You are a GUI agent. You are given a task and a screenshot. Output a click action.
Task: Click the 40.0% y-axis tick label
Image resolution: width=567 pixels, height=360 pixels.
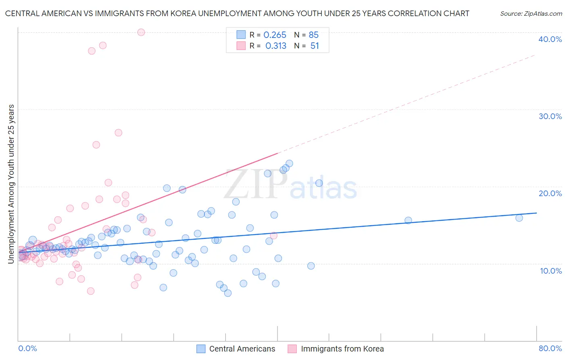click(550, 39)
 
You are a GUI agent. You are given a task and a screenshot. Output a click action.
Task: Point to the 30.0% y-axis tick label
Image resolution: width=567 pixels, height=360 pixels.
click(550, 116)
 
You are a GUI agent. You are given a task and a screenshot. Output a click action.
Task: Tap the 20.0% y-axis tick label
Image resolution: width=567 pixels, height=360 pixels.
click(550, 193)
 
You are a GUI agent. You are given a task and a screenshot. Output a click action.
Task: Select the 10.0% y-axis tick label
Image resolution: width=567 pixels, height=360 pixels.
click(551, 271)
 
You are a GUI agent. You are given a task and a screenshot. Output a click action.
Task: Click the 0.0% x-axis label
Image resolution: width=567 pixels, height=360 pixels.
click(27, 348)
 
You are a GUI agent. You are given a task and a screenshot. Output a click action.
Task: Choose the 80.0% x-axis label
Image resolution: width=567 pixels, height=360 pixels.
click(550, 348)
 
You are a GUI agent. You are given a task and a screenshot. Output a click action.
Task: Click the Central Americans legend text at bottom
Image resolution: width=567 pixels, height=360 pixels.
click(242, 349)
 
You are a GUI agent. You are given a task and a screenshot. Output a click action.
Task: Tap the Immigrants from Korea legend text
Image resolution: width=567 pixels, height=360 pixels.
click(342, 349)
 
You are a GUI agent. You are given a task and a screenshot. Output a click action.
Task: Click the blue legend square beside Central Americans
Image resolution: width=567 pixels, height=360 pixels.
click(201, 349)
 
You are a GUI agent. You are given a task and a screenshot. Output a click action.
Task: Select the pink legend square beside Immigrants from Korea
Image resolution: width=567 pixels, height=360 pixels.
click(292, 349)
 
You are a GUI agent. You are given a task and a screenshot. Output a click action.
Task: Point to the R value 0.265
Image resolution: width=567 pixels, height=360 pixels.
click(275, 35)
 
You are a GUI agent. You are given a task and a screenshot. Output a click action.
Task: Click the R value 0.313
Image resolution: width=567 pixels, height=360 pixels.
click(276, 46)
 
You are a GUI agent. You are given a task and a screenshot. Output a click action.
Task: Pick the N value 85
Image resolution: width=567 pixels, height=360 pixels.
click(314, 35)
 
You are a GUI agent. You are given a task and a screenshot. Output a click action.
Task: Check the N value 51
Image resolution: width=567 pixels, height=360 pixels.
click(315, 46)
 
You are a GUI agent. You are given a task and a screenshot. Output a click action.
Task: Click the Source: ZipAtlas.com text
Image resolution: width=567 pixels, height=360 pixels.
click(531, 14)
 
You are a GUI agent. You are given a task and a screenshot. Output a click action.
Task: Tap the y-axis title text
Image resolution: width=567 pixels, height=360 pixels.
click(11, 184)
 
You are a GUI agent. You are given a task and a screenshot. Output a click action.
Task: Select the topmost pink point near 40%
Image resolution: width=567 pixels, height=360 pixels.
click(141, 32)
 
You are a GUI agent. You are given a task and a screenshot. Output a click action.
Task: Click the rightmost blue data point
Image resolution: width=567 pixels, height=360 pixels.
click(519, 218)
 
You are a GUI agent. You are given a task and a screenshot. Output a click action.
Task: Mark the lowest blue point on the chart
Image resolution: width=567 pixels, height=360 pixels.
click(228, 293)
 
